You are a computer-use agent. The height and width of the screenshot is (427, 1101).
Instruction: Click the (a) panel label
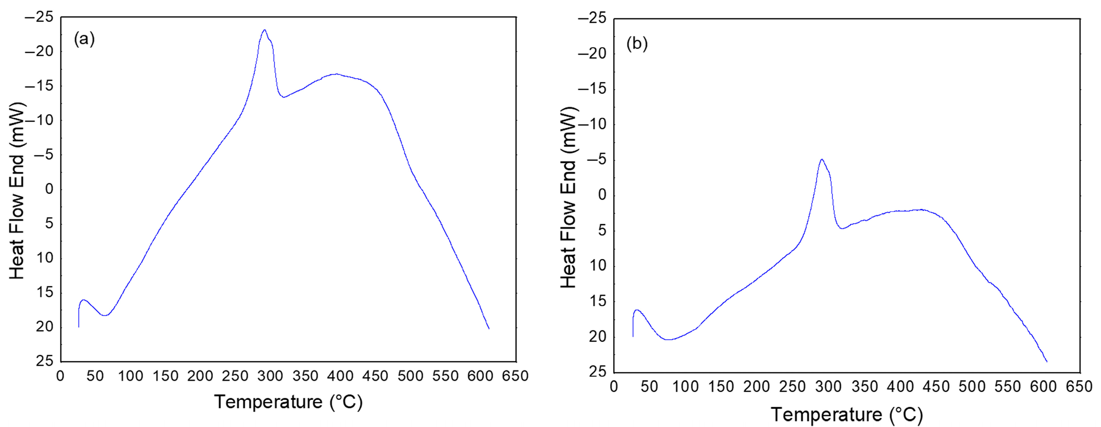(84, 39)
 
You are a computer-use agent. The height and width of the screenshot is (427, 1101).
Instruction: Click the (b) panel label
(637, 44)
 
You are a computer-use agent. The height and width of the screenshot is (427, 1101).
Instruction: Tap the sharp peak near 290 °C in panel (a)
(264, 30)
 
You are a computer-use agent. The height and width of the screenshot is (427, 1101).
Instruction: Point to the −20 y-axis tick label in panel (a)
(39, 52)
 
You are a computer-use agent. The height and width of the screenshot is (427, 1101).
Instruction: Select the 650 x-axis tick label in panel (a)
(515, 376)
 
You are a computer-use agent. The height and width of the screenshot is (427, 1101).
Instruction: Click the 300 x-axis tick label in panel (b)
(828, 387)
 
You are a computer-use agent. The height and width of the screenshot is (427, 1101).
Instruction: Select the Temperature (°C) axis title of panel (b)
(847, 415)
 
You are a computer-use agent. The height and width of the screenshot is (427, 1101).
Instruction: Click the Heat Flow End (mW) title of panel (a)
(17, 191)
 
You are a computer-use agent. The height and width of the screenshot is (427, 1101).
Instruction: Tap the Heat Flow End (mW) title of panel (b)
(568, 197)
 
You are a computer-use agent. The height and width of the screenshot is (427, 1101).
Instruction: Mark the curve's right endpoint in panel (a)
(488, 328)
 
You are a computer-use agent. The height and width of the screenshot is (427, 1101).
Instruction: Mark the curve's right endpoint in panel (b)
(1047, 362)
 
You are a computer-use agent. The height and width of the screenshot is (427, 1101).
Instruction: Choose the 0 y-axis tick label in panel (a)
(50, 189)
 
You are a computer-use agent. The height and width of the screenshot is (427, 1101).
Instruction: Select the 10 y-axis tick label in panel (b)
(598, 266)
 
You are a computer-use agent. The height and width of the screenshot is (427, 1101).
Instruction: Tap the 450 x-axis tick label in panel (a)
(375, 376)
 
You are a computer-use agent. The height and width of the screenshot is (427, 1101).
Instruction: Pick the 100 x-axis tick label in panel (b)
(685, 387)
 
